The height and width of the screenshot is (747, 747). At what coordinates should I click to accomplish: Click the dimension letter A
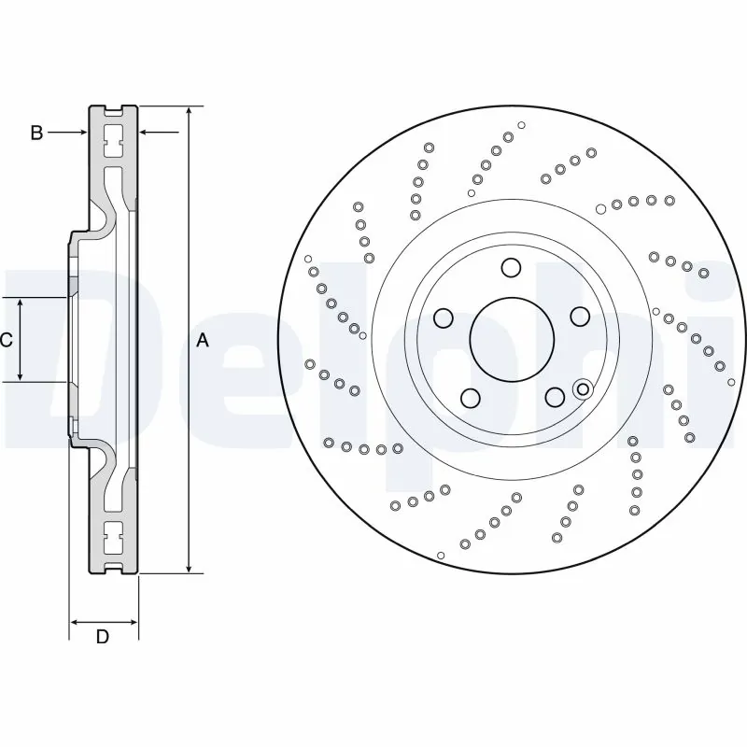click(203, 341)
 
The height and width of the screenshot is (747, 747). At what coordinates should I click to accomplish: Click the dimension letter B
click(36, 133)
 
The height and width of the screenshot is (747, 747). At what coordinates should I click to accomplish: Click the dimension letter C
click(7, 340)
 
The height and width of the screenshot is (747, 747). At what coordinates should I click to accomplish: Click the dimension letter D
click(104, 637)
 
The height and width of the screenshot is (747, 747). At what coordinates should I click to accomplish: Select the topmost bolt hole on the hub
click(510, 268)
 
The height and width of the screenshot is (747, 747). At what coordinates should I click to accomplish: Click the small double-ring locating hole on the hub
click(584, 388)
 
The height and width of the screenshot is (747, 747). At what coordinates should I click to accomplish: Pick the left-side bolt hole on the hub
click(444, 317)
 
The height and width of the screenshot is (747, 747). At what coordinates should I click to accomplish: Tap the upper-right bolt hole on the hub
click(579, 315)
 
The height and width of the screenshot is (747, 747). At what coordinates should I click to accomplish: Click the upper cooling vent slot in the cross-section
click(114, 141)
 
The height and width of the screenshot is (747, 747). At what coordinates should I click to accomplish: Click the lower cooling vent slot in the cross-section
click(114, 539)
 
